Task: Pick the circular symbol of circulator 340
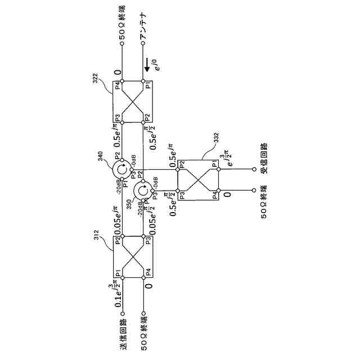coord(120,169)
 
